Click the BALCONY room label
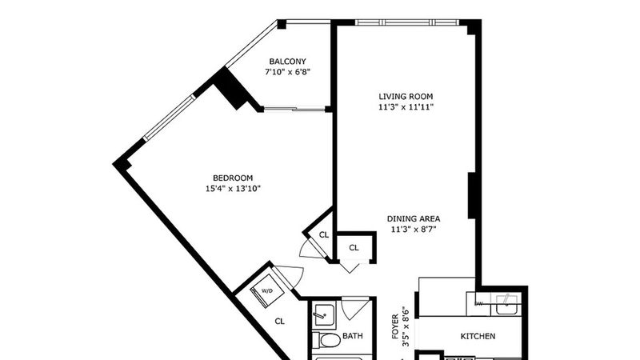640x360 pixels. click(287, 62)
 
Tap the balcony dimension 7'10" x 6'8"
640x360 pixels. click(287, 72)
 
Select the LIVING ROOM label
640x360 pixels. click(406, 97)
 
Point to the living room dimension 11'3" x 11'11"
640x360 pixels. click(406, 107)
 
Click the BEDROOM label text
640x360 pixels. click(233, 178)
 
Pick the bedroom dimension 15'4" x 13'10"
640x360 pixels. click(233, 189)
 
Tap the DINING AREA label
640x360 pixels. click(414, 218)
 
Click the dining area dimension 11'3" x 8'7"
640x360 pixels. click(414, 230)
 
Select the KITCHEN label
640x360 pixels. click(478, 336)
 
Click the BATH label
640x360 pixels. click(352, 336)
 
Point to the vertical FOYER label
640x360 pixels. click(395, 326)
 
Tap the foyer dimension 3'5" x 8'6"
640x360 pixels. click(406, 326)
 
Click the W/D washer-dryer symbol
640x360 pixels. click(265, 291)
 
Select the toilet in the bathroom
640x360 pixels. click(326, 339)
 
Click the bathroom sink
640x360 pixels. click(323, 316)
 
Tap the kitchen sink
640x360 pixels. click(506, 304)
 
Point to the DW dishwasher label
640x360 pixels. click(478, 304)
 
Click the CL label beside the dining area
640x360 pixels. click(354, 248)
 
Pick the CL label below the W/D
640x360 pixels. click(279, 322)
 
